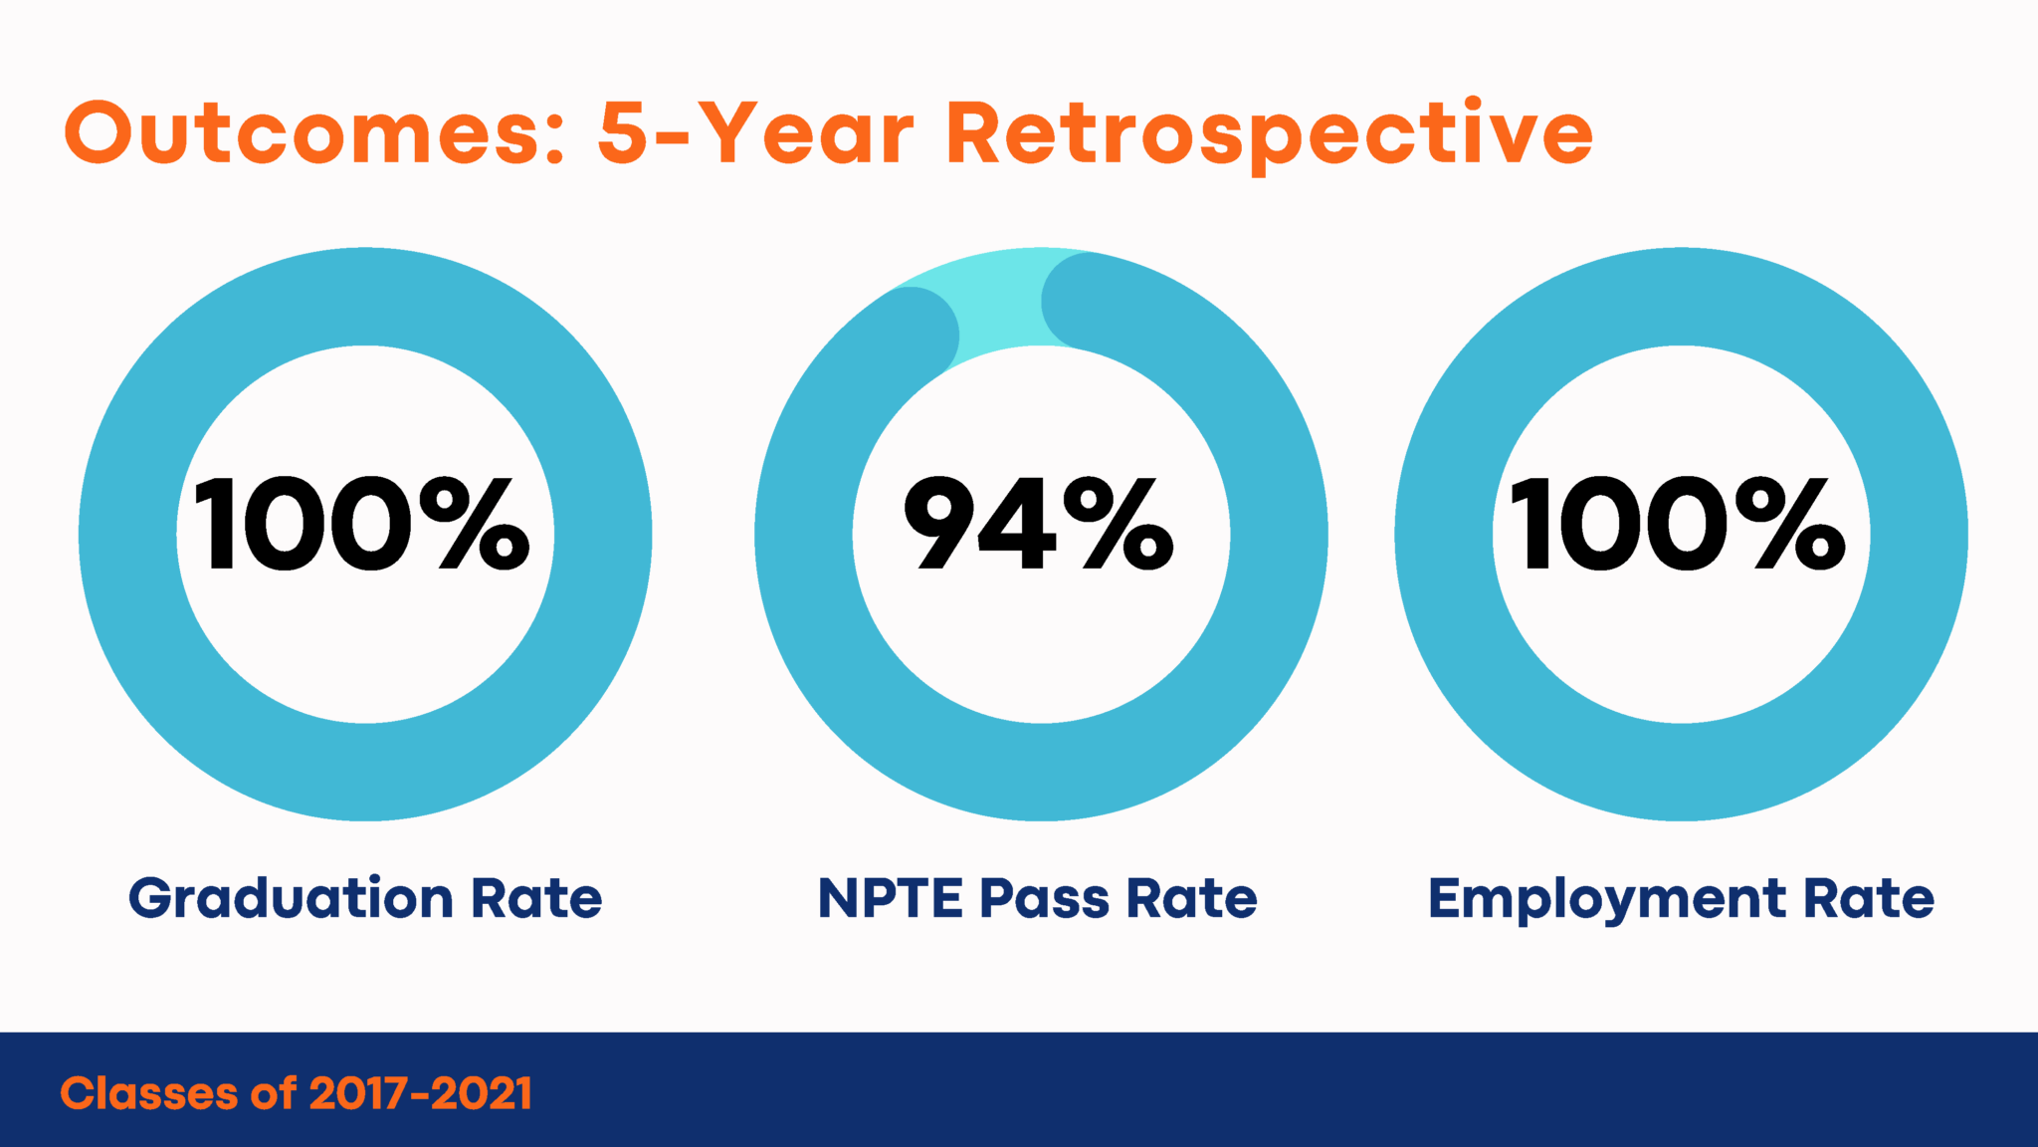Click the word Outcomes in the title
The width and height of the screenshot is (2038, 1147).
304,134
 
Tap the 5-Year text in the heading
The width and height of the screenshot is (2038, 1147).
756,134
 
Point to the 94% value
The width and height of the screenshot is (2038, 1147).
1038,525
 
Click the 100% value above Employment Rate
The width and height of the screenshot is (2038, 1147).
1678,525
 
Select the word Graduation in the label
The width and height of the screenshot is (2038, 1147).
291,899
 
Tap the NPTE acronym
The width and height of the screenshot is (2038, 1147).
890,899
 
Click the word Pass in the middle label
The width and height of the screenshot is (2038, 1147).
1044,899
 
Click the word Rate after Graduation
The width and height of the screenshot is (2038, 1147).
536,899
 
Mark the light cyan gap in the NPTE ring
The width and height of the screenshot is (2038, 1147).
1000,299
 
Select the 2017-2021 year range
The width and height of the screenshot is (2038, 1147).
421,1093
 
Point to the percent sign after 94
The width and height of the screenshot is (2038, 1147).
1120,525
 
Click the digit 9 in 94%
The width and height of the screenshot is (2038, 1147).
939,525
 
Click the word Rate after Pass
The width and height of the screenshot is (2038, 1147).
1192,899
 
